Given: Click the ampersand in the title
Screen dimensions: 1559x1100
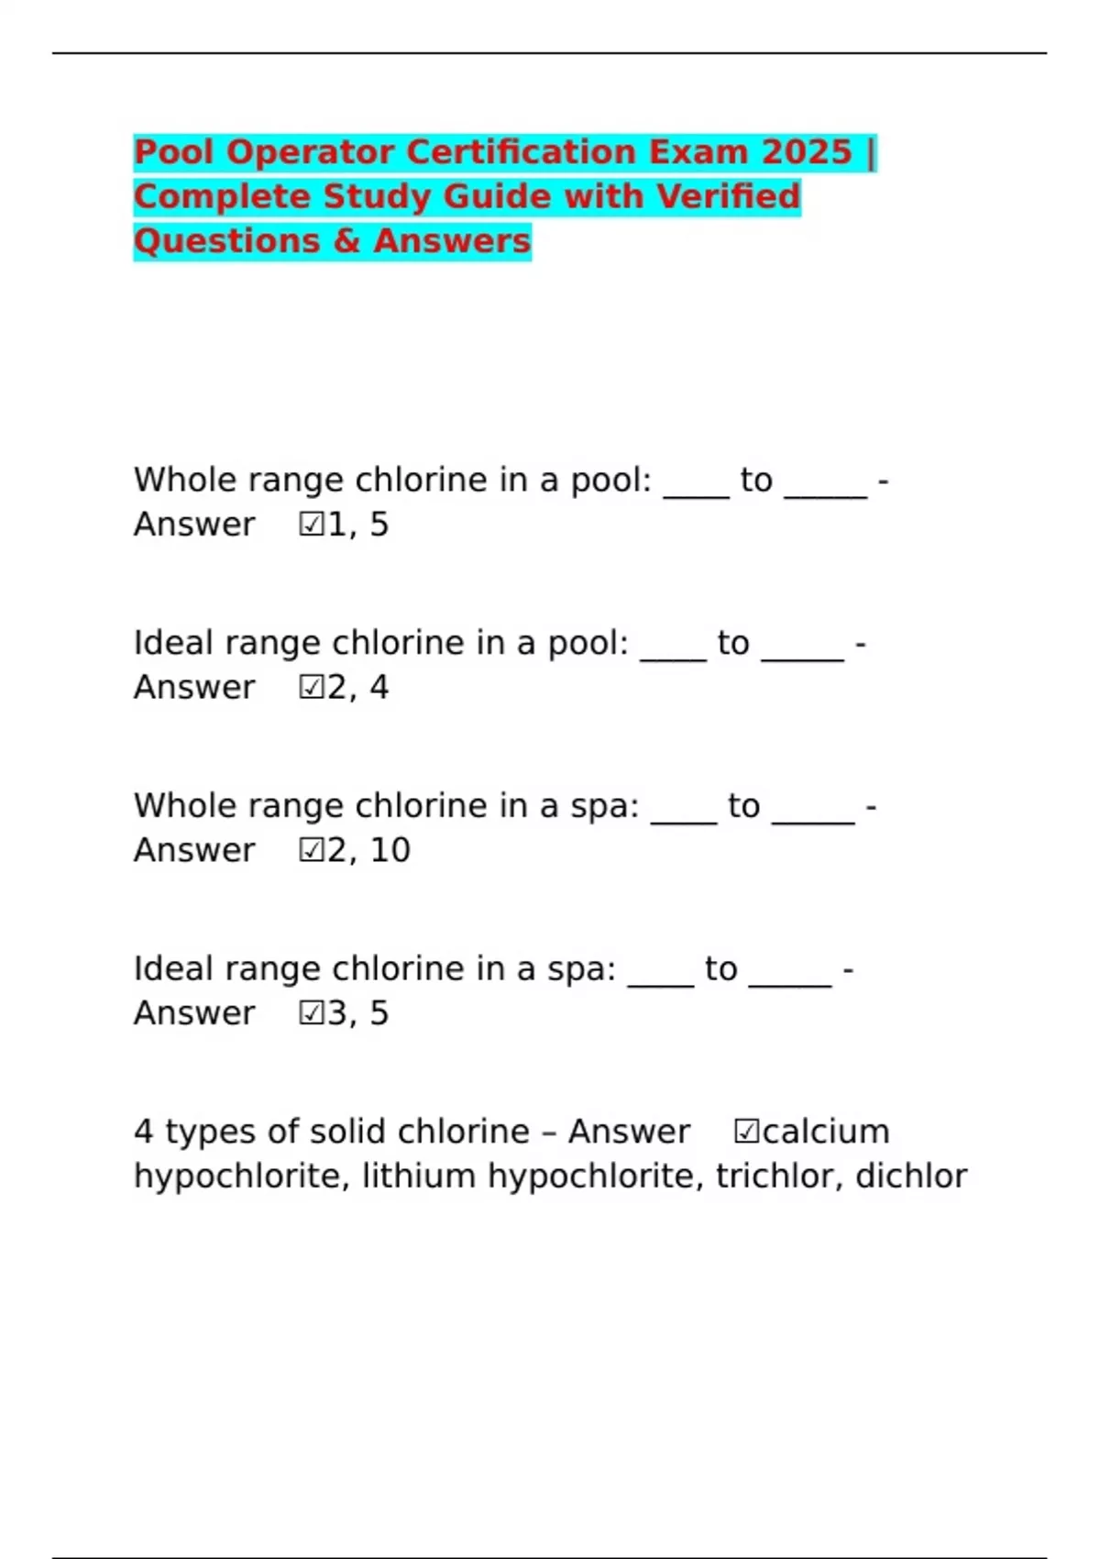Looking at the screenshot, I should tap(346, 240).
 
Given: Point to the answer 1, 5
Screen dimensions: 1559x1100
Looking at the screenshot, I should tap(358, 525).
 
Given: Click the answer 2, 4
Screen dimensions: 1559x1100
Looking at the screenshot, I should tap(358, 687).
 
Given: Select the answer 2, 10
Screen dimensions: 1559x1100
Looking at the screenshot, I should tap(368, 850).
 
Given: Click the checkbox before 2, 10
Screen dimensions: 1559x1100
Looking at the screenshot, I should tap(312, 850).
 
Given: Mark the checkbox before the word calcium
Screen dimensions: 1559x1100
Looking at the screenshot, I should tap(747, 1132).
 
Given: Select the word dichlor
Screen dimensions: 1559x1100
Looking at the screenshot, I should tap(911, 1176).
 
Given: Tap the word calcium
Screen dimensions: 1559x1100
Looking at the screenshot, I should tap(826, 1132).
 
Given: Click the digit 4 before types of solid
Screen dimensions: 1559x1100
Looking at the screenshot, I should tap(144, 1132).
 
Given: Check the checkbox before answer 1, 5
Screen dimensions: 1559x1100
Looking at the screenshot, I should tap(312, 525).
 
